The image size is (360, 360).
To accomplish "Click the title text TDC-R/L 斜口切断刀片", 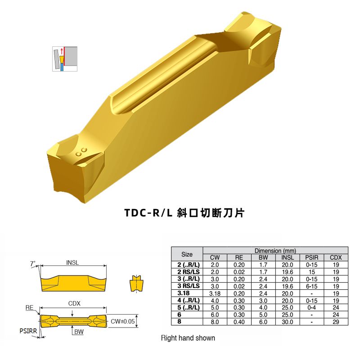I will [x=184, y=213].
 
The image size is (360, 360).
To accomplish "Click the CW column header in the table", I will [x=215, y=257].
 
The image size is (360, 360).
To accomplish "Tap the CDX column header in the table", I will [x=336, y=257].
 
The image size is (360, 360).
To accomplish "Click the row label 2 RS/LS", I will [x=187, y=272].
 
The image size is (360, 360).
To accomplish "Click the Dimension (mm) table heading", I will [x=275, y=250].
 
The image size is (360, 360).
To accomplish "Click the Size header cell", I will [x=187, y=254].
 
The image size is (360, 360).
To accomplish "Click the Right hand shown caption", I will [x=188, y=338].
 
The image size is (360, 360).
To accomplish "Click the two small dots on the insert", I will [x=81, y=151].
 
